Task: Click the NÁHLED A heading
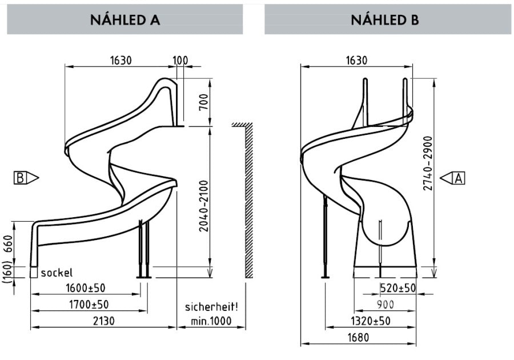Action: [x=125, y=19]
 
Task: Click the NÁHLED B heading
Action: [x=384, y=19]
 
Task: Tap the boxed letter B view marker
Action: [x=26, y=178]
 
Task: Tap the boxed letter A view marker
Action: [x=452, y=178]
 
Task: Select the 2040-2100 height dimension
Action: [x=203, y=206]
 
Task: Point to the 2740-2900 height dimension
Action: [x=428, y=163]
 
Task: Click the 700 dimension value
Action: [x=203, y=102]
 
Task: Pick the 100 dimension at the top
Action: [x=180, y=61]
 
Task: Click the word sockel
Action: [x=57, y=273]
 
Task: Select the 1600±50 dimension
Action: [x=86, y=288]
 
